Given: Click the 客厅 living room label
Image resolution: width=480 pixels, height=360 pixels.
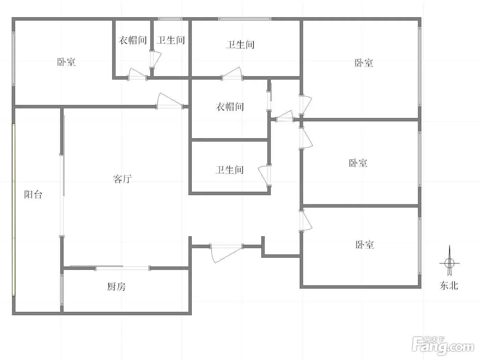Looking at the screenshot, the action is click(122, 179).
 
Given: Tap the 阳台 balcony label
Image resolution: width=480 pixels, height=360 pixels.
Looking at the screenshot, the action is click(33, 194).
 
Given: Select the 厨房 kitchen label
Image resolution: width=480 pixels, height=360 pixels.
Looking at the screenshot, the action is click(116, 287).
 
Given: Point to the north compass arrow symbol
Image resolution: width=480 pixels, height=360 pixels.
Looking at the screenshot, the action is click(449, 260).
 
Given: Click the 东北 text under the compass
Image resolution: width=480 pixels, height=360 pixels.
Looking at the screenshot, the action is click(449, 286).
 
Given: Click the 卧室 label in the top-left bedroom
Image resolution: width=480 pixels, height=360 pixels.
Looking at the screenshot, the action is click(66, 62).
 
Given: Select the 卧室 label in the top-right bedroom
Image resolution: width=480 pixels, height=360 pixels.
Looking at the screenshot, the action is click(364, 63).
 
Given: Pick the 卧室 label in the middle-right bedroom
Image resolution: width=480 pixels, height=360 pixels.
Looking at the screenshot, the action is click(358, 163).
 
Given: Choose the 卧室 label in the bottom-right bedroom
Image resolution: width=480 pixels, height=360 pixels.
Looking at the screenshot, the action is click(365, 244).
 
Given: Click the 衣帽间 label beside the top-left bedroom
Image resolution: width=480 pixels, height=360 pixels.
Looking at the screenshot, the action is click(133, 40).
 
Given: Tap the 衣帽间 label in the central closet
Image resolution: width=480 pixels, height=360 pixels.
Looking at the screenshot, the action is click(230, 107).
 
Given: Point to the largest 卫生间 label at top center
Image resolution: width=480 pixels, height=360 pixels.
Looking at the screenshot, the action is click(240, 45).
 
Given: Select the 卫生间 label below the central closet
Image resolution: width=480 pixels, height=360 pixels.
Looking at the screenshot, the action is click(229, 170).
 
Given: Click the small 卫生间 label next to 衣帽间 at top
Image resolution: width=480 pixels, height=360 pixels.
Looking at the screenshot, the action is click(171, 40).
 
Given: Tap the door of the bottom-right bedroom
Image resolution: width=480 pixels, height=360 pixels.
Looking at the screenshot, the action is click(305, 221).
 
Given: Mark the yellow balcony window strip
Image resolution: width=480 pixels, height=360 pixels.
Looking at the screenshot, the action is click(14, 210).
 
